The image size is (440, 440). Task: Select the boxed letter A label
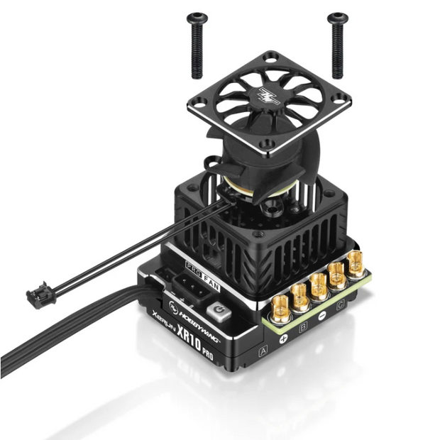point(263,350)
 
